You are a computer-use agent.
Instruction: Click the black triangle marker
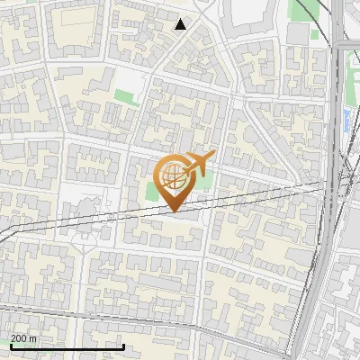pos(181,24)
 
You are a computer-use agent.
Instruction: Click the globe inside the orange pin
pos(171,175)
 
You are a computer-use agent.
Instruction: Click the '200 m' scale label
pos(23,338)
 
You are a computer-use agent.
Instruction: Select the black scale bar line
pos(54,346)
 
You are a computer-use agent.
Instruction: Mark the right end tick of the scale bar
pos(98,345)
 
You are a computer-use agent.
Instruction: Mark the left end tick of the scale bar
pos(10,345)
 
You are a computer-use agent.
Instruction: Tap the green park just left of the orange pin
pos(151,191)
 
